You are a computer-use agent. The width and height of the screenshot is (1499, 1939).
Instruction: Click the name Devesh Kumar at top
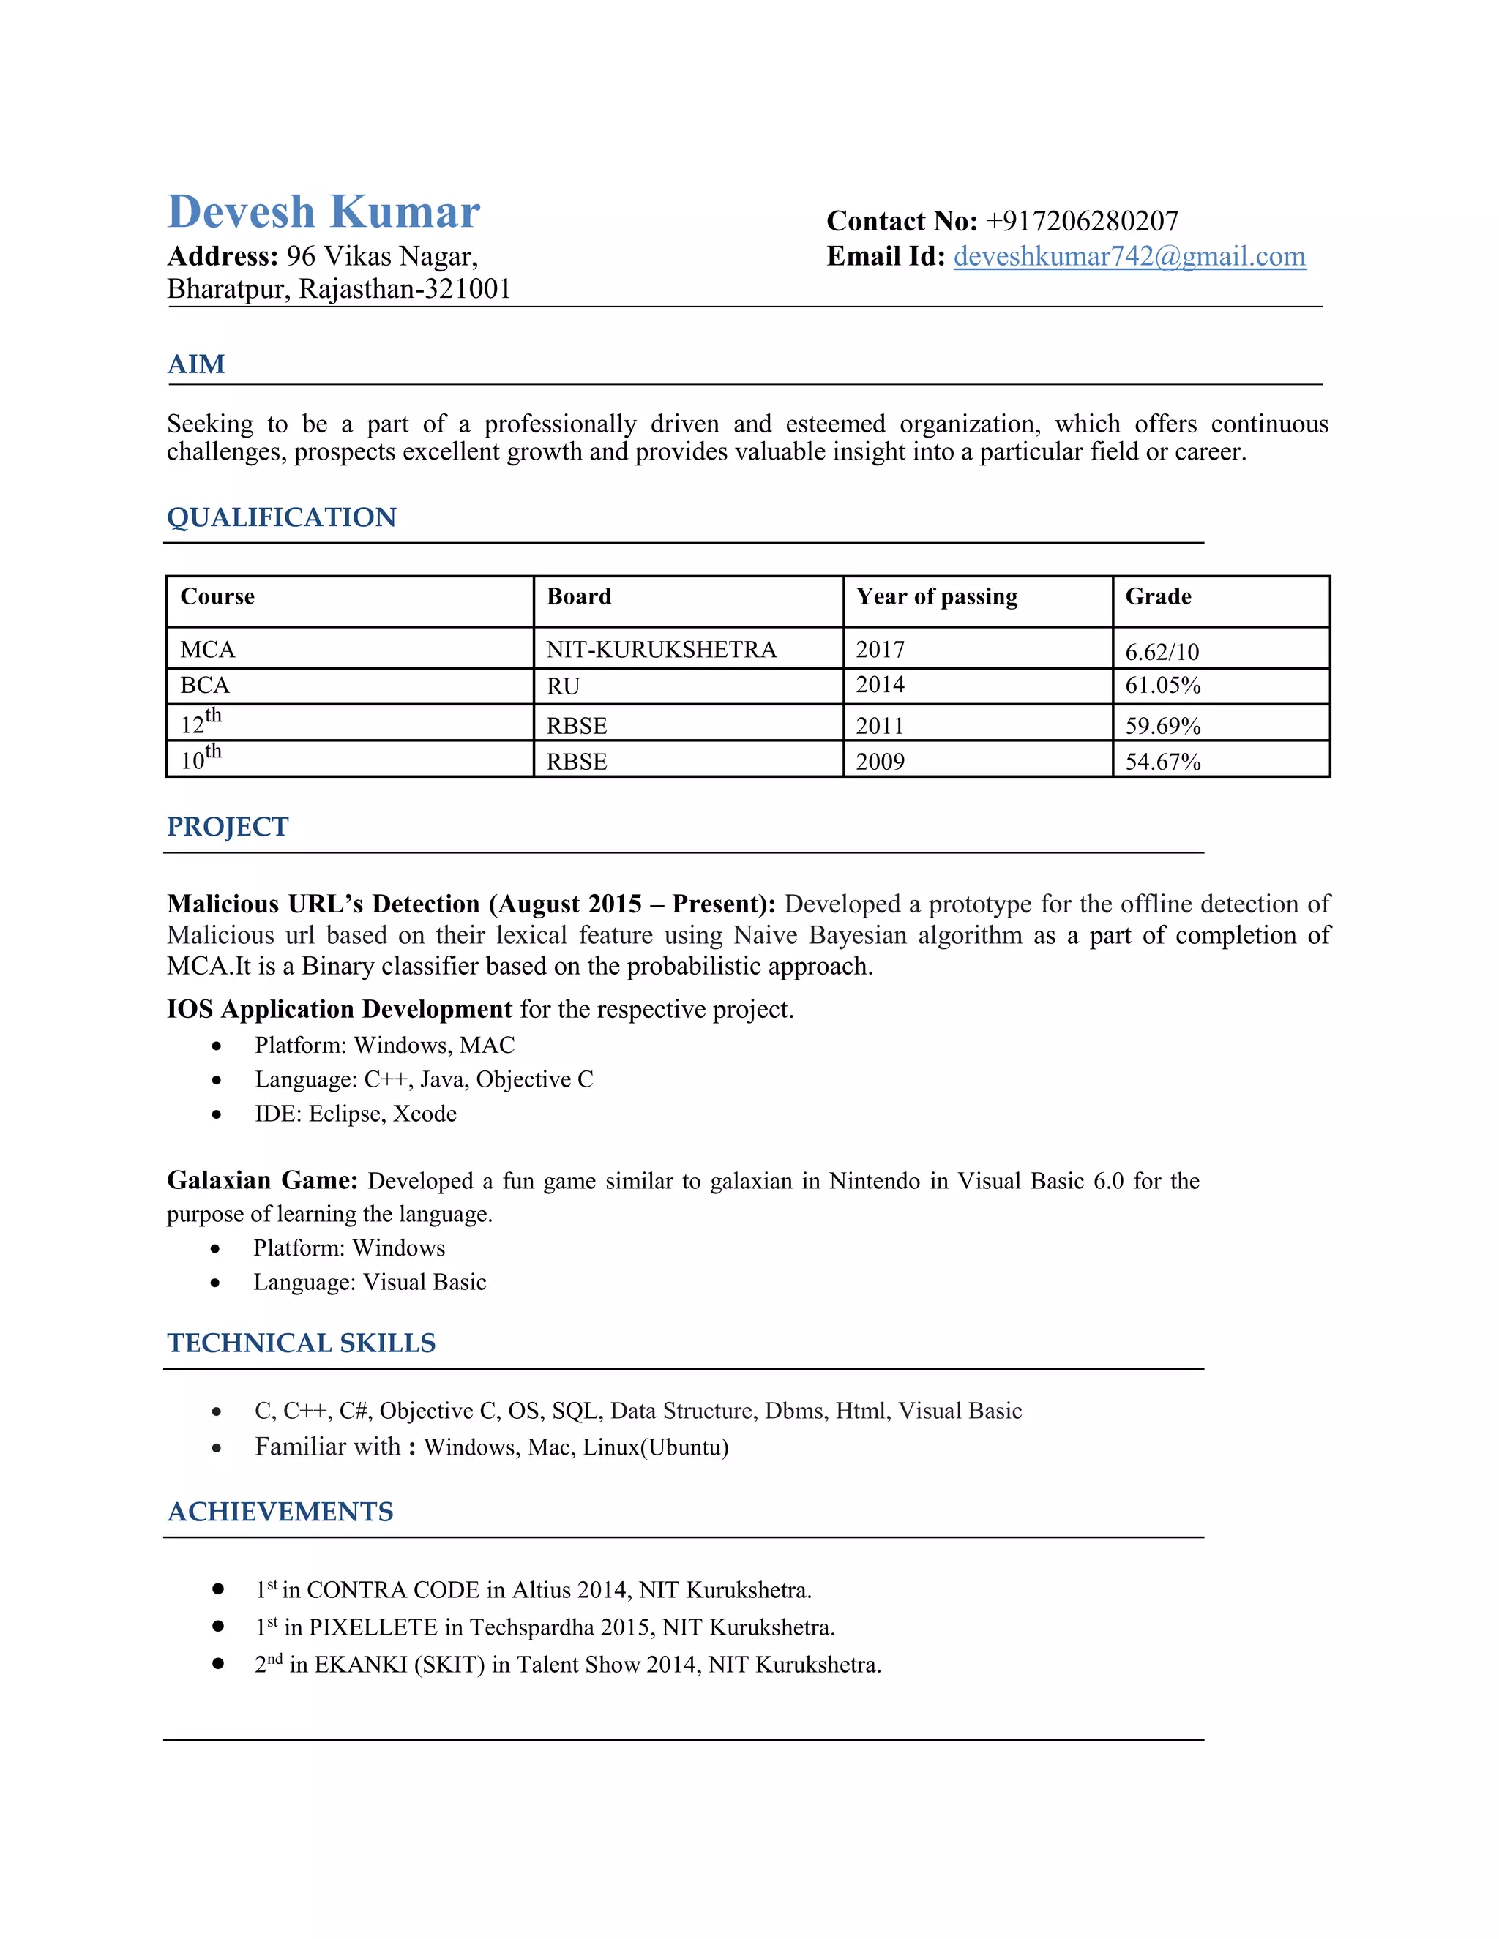click(x=324, y=212)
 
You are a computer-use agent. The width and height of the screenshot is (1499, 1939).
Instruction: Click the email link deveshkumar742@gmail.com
click(x=1129, y=257)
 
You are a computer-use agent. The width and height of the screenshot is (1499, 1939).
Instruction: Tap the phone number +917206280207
click(x=1082, y=221)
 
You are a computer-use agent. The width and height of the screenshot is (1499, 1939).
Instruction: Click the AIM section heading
click(x=196, y=365)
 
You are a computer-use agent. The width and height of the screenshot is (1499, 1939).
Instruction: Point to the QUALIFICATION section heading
click(x=282, y=517)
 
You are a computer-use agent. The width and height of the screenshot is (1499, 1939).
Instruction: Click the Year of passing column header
click(x=936, y=596)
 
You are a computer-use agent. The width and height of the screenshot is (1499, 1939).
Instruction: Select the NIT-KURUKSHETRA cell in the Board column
click(x=661, y=650)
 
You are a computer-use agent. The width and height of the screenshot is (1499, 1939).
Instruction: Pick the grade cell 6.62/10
click(x=1162, y=653)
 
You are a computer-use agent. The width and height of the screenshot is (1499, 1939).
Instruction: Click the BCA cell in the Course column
click(x=205, y=686)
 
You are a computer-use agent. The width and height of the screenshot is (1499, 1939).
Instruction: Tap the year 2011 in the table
click(x=879, y=727)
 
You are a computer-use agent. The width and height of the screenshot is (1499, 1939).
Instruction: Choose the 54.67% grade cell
click(x=1162, y=762)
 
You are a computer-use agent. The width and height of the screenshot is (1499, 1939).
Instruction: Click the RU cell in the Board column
click(x=563, y=686)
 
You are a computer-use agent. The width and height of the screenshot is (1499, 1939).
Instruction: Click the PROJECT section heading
click(x=228, y=828)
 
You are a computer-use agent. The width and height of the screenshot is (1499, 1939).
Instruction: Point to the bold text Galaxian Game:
click(x=262, y=1181)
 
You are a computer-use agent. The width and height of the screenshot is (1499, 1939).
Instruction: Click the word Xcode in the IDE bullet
click(x=425, y=1114)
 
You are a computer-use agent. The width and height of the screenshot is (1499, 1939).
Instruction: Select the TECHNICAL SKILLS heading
click(x=301, y=1343)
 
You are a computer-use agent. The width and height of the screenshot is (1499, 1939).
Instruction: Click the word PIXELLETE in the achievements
click(x=373, y=1627)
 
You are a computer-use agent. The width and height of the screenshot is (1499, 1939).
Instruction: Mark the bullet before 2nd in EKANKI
click(x=217, y=1664)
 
